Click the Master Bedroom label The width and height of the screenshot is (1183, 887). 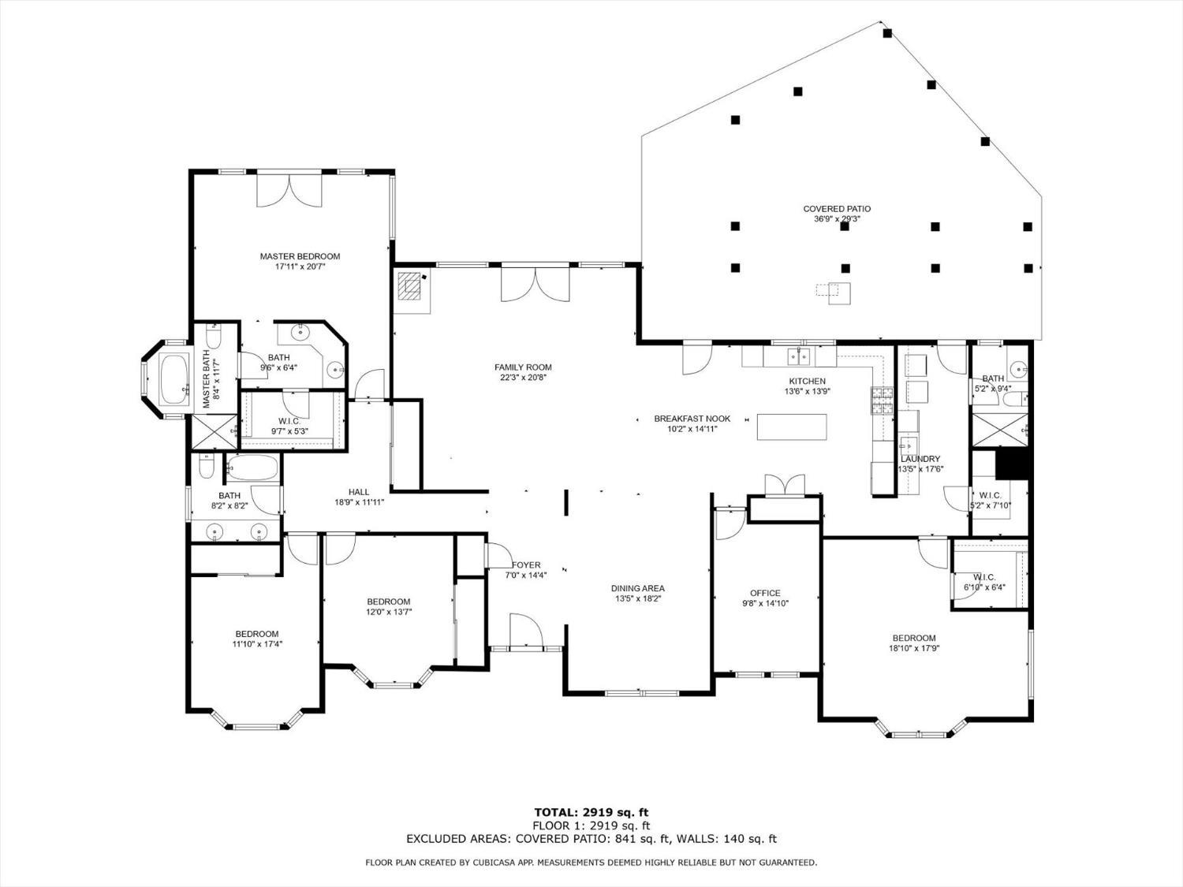[300, 256]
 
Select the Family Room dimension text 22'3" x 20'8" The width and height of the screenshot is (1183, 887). [523, 378]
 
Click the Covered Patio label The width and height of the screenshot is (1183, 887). [837, 209]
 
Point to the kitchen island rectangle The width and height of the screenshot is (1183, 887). [792, 427]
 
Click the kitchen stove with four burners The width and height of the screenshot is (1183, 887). [882, 401]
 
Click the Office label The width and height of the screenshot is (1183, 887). [765, 593]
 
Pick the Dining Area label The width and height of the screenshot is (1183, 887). [637, 588]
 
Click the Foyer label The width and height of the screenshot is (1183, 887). [526, 565]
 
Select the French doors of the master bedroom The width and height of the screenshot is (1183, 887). [289, 190]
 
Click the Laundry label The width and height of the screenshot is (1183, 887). [920, 459]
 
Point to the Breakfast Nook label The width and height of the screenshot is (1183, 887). [692, 419]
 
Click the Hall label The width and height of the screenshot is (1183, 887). [359, 492]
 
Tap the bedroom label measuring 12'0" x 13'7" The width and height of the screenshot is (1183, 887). [388, 602]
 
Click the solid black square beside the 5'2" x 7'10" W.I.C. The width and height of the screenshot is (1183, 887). [1013, 464]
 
